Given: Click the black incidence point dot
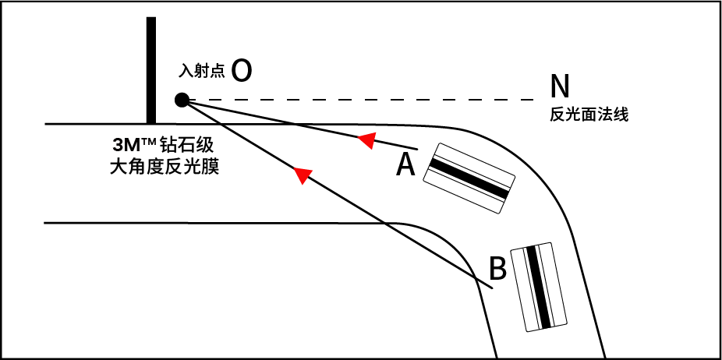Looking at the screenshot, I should [182, 100].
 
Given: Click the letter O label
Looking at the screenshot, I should [242, 71].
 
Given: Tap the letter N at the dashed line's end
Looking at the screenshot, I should [560, 84].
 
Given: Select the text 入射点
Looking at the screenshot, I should [202, 72].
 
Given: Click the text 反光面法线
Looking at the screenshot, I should [589, 115].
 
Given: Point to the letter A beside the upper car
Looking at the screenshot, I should [405, 164].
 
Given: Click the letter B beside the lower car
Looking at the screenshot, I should [498, 269].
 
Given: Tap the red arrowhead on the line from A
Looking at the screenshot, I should [366, 139].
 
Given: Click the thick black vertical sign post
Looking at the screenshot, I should [150, 70].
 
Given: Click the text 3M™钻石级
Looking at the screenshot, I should [163, 145].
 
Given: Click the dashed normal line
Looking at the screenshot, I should [366, 100].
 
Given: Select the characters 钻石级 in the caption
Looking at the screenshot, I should [186, 145].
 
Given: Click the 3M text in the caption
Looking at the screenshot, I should [126, 146].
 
